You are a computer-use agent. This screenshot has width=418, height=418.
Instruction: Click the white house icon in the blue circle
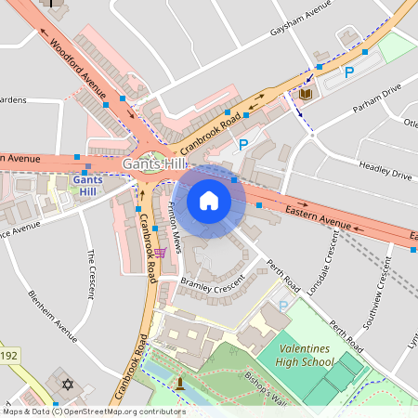(x=209, y=201)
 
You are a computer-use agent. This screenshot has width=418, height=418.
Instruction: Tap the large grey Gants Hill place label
(x=154, y=164)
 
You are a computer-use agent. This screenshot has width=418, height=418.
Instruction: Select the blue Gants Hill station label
(x=86, y=184)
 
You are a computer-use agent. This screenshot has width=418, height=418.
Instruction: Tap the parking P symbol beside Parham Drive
(x=349, y=72)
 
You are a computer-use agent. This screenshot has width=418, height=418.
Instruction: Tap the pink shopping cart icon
(x=161, y=252)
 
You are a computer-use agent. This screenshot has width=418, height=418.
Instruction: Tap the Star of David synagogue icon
(x=67, y=384)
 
